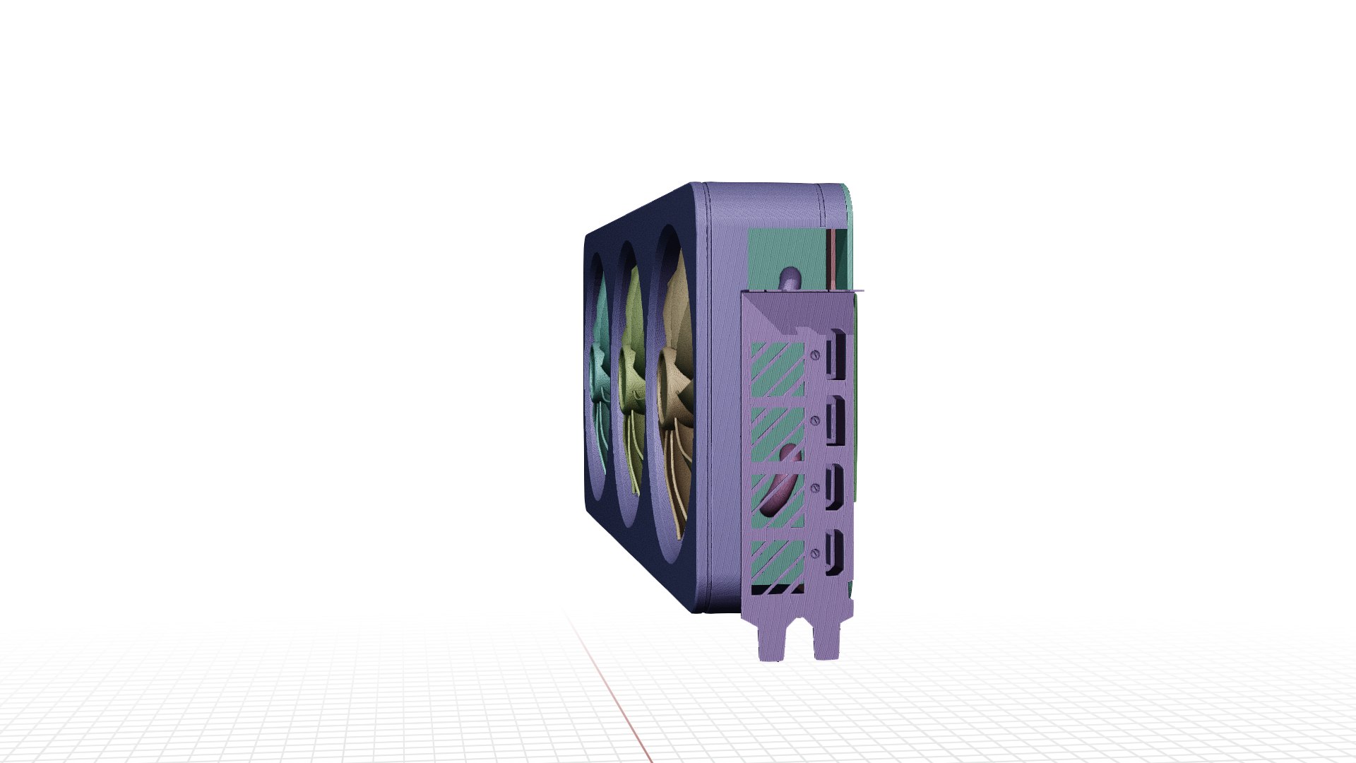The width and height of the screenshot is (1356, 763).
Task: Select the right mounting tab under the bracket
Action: tap(827, 639)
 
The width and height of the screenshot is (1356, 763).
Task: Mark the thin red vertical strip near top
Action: tap(833, 258)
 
